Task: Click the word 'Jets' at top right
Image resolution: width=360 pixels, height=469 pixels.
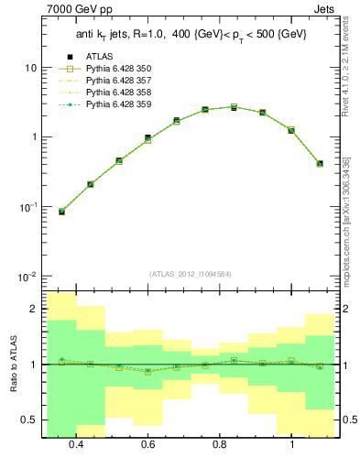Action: click(x=322, y=11)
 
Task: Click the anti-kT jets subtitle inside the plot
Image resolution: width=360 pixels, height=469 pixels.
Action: click(x=191, y=35)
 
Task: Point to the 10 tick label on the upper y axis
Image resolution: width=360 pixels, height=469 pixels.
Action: click(x=30, y=69)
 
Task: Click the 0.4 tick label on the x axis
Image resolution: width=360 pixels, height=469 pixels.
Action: click(x=76, y=444)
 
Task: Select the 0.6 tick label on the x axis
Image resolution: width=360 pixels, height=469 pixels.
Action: click(x=147, y=444)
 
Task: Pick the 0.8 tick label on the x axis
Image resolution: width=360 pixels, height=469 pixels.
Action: click(x=220, y=444)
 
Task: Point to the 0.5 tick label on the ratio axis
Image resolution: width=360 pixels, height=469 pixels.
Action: click(x=29, y=420)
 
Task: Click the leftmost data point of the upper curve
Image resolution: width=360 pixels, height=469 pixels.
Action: click(x=61, y=212)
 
